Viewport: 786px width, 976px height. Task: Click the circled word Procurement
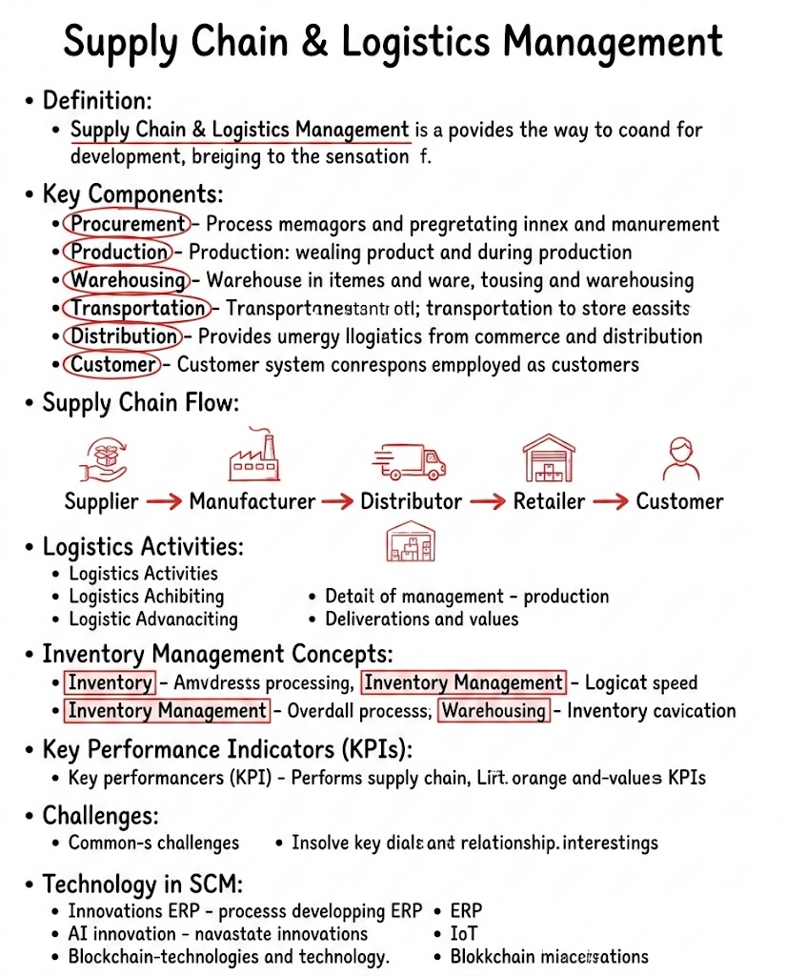127,224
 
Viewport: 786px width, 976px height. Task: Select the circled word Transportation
137,308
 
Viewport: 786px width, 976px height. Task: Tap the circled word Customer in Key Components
112,364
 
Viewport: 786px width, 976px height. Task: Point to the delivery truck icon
409,460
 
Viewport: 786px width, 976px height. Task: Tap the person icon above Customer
680,458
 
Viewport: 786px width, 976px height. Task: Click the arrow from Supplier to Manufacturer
163,501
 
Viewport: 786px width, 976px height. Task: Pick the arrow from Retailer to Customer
610,501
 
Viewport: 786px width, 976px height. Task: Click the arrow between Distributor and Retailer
488,501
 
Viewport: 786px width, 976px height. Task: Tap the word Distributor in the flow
411,501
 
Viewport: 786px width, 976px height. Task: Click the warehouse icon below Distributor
411,543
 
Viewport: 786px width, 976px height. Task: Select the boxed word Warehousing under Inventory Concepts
494,710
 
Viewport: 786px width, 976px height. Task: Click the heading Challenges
101,816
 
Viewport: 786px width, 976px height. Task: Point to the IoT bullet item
465,933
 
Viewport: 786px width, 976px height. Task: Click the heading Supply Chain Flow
138,403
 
